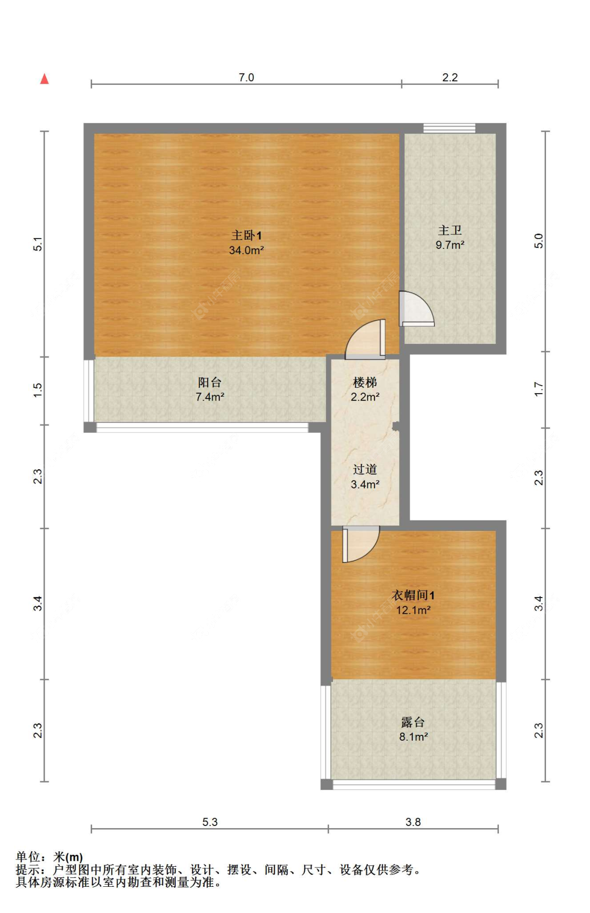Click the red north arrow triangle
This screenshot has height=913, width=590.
[x=45, y=79]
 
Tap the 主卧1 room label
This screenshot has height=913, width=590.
[x=246, y=236]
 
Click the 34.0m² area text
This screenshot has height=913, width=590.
[x=246, y=251]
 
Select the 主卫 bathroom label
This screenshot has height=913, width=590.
[x=450, y=231]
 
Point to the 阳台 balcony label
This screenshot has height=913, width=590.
[x=210, y=383]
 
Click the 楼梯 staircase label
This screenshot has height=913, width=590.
[x=365, y=383]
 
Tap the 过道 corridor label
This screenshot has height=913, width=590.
[x=365, y=470]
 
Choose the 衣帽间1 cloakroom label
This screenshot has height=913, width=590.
[x=413, y=595]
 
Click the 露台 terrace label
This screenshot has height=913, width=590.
[x=413, y=722]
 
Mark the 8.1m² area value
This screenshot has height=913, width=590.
[x=413, y=737]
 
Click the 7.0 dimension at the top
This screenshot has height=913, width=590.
[x=246, y=78]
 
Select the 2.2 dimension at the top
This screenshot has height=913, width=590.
[x=450, y=78]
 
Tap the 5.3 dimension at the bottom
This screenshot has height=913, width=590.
[x=210, y=822]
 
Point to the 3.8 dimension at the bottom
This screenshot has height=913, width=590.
[x=413, y=822]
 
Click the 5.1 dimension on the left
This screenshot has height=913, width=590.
[x=38, y=244]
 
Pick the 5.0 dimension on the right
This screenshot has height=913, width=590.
[x=539, y=241]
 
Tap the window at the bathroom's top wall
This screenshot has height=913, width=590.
[x=449, y=128]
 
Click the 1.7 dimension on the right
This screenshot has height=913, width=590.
[x=539, y=389]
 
